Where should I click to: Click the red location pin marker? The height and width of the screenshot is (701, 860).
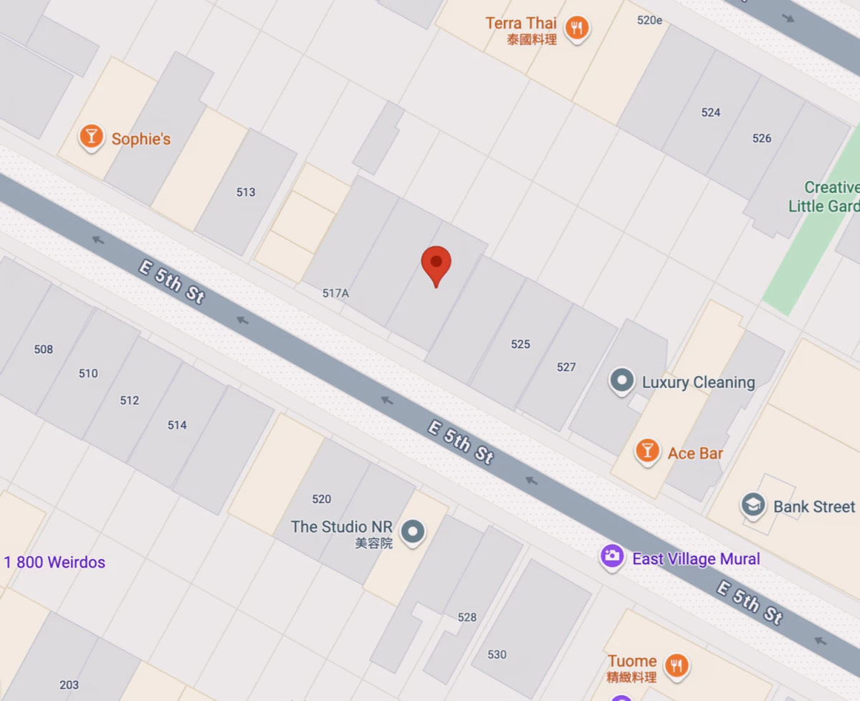436,264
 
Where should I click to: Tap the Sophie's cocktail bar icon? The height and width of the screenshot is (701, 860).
91,137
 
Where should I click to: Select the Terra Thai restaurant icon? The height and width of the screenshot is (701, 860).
577,29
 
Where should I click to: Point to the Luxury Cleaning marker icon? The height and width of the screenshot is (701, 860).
622,381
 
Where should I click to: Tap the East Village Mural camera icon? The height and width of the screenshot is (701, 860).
612,557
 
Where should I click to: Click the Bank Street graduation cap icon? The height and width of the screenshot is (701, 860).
753,506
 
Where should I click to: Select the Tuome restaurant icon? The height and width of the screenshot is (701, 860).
676,666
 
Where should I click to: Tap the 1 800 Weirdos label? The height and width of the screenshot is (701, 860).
54,562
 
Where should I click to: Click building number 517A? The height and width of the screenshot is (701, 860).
335,293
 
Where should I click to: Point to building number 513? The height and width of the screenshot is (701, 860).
246,192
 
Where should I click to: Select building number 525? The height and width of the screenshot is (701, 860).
520,344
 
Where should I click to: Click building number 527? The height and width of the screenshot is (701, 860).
566,367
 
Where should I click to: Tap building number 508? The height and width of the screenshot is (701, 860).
44,349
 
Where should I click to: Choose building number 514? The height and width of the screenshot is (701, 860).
177,425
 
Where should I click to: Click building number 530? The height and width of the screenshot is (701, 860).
497,654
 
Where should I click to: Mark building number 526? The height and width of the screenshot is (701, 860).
762,138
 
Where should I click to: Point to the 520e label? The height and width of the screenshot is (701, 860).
649,20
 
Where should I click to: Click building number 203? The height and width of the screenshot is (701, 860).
69,685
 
